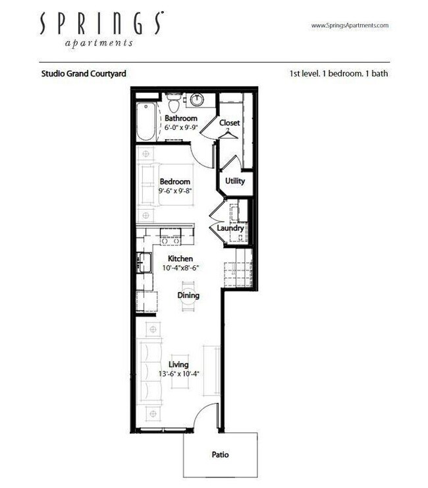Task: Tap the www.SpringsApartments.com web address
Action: tap(349, 25)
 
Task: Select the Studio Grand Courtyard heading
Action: tap(84, 74)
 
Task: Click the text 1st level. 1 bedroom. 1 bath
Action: tap(338, 74)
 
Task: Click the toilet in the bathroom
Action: tap(174, 104)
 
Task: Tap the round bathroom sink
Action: tap(198, 100)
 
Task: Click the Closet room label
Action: tap(229, 123)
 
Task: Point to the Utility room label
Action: tap(235, 179)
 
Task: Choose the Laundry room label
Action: tap(230, 228)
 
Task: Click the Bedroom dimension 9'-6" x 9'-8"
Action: tap(174, 191)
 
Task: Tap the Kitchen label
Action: tap(180, 259)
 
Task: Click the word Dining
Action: tap(188, 296)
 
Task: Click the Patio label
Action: tap(221, 454)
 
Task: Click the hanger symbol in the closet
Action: tap(229, 134)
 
